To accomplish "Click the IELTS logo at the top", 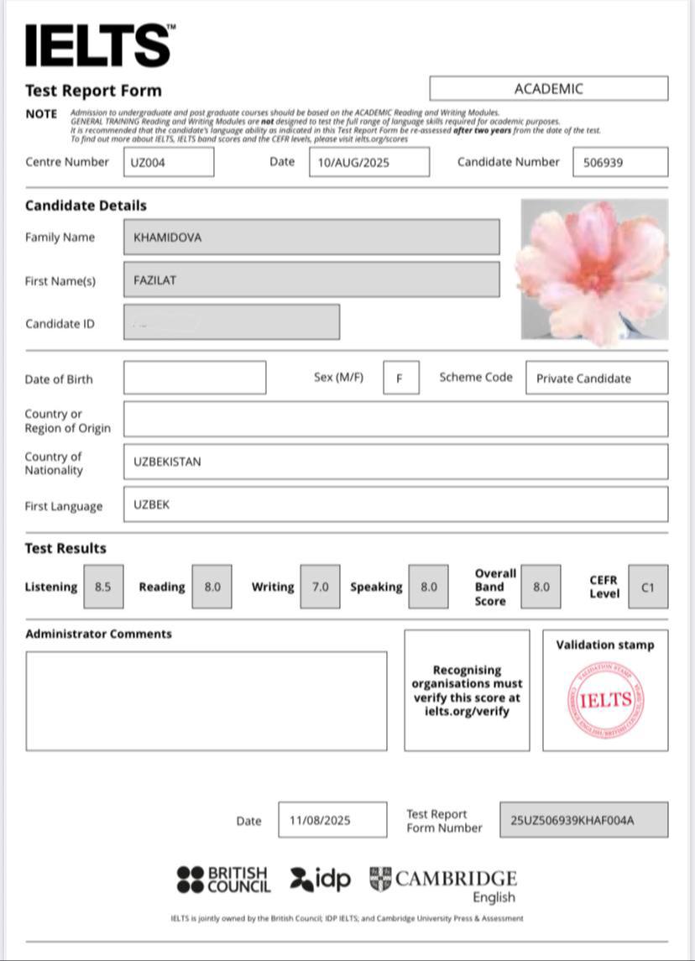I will tap(99, 45).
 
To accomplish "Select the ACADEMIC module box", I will tap(548, 88).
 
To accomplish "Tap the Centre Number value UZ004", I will tap(169, 162).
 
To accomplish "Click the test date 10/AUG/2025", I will tap(368, 162).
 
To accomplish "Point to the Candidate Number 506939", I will tap(620, 162).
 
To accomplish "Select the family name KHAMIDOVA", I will tap(311, 237).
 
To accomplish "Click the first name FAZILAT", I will tap(311, 280).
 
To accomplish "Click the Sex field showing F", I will tap(400, 378).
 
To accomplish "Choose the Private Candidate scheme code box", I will tap(597, 378).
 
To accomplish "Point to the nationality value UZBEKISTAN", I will tap(395, 462).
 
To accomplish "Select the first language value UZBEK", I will tap(395, 505).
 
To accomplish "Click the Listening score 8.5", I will tap(103, 587).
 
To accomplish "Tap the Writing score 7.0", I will tap(320, 587).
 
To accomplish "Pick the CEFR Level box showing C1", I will tap(647, 587).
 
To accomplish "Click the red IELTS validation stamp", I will tap(605, 700).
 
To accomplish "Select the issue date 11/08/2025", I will tap(332, 820).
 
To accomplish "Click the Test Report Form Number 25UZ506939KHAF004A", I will tap(583, 820).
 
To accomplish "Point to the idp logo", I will tap(320, 879).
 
